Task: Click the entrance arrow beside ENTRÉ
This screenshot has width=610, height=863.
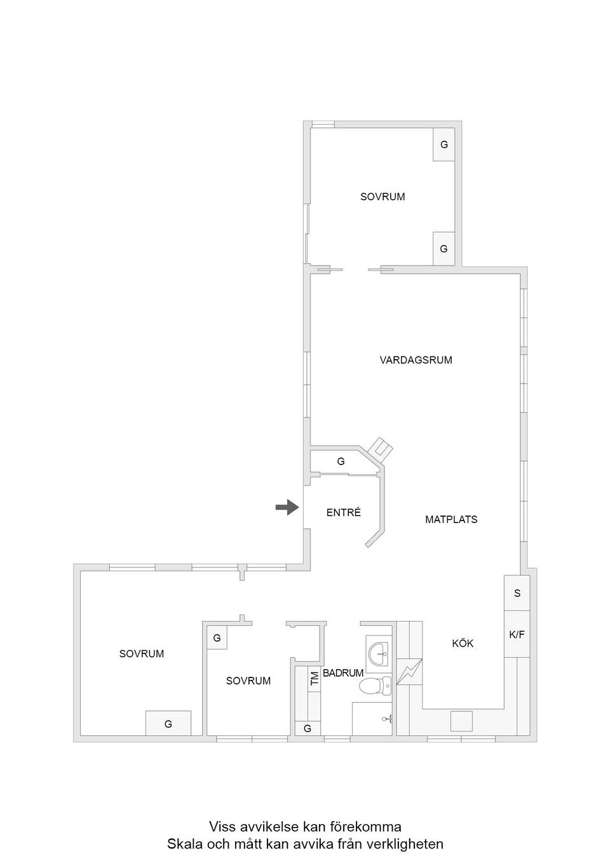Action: (287, 507)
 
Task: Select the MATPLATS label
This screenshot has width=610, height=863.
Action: (451, 520)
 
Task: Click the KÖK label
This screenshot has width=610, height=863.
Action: (463, 644)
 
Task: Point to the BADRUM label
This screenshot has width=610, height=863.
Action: (343, 673)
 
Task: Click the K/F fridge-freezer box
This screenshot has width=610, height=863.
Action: (517, 634)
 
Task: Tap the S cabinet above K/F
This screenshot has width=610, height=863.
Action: (517, 594)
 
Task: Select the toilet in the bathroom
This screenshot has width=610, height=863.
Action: (372, 686)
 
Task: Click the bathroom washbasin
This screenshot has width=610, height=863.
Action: (380, 652)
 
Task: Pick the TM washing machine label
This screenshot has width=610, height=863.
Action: (314, 678)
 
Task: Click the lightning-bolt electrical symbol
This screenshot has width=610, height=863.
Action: (409, 671)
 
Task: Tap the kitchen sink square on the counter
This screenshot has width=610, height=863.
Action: (462, 721)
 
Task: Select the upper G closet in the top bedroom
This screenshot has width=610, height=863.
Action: (444, 145)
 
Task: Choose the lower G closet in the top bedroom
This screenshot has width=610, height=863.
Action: (444, 249)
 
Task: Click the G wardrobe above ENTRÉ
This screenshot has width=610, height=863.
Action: (341, 462)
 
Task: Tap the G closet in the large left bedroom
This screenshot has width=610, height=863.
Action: (168, 724)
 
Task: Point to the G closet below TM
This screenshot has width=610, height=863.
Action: (308, 729)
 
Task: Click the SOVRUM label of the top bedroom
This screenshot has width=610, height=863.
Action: (383, 197)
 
